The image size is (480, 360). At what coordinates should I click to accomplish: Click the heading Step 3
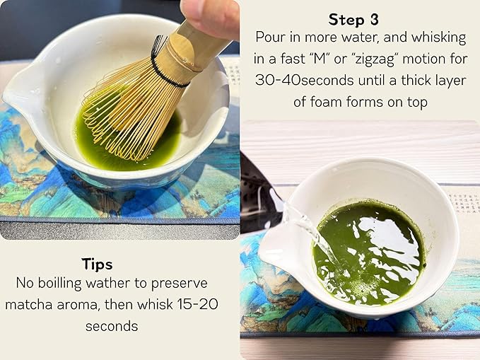point(359,19)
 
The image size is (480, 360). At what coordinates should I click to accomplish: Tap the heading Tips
point(97,264)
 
